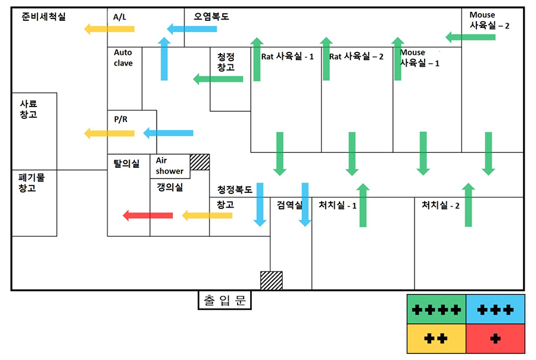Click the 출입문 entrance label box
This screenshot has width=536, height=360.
pos(225,300)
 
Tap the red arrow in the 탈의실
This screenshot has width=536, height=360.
pos(147,215)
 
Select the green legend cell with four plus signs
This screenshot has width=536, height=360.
pos(436,309)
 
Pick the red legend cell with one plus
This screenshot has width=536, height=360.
pos(495,339)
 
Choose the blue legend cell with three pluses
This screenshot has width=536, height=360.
pos(495,309)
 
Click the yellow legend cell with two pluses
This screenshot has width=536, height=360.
pos(436,339)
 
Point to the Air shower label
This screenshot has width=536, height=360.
pos(170,165)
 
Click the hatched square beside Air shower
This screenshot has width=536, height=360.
pos(200,162)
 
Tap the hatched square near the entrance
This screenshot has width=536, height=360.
pos(271,280)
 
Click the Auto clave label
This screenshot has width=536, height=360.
pos(124,58)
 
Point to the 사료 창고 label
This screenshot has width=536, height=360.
pos(28,109)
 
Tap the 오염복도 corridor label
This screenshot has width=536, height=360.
pos(211,17)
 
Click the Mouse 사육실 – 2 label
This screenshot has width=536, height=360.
pos(489,20)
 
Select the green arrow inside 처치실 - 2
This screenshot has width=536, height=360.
pos(469,205)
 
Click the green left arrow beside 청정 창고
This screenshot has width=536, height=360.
pos(218,79)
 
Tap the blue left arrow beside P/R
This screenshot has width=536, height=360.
pos(168,133)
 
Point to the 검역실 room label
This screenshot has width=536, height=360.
pos(289,205)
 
